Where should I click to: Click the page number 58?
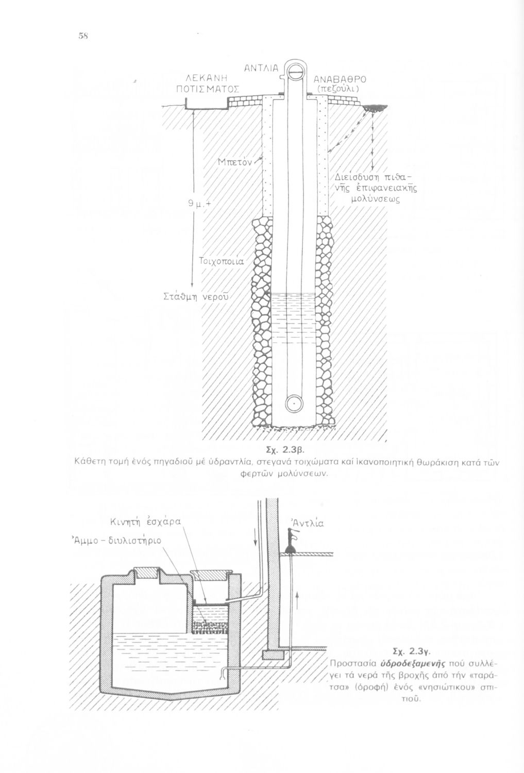pos(83,35)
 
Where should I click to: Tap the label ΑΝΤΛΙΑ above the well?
pos(261,69)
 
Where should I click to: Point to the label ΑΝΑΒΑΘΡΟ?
pos(340,79)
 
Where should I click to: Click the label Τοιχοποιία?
pos(221,261)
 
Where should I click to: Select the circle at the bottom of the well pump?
pos(294,402)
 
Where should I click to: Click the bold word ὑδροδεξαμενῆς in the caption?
pos(413,663)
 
